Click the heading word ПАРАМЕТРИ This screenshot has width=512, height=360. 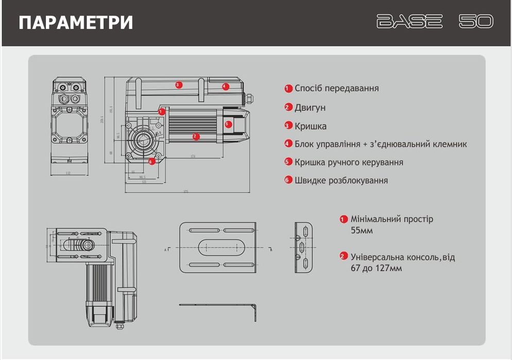click(x=76, y=23)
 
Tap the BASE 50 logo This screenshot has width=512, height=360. click(x=435, y=22)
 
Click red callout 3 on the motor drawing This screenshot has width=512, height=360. click(x=178, y=84)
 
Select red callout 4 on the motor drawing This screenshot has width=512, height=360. click(x=225, y=87)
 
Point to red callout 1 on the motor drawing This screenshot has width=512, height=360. click(x=162, y=111)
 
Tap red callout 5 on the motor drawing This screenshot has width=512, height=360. click(x=229, y=124)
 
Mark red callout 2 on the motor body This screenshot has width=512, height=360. click(x=195, y=136)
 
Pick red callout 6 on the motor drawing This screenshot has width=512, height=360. click(x=151, y=161)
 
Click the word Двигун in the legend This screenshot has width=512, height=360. click(x=310, y=108)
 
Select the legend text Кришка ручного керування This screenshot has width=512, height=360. click(x=349, y=162)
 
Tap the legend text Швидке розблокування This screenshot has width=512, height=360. click(x=341, y=180)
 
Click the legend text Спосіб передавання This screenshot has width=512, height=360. click(x=336, y=88)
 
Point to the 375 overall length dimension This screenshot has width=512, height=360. click(x=186, y=192)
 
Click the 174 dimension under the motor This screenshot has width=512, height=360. click(x=192, y=156)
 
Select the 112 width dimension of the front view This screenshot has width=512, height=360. click(x=68, y=174)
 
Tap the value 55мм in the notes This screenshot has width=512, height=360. click(x=362, y=230)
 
